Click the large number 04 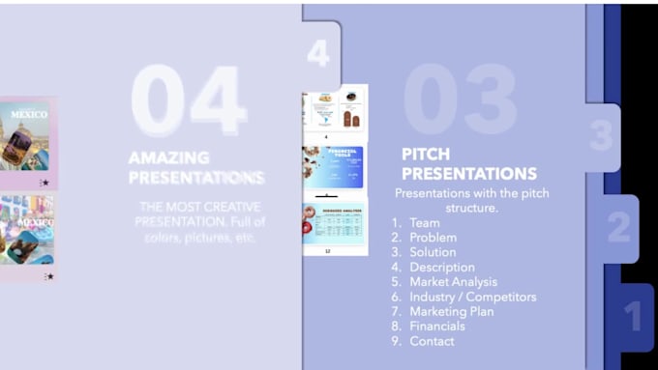(x=188, y=100)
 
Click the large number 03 (x=460, y=100)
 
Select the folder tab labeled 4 (x=319, y=53)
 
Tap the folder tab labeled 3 (x=601, y=136)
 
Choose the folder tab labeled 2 (x=618, y=228)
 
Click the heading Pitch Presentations (x=469, y=164)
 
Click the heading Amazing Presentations (x=196, y=167)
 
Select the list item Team (x=424, y=222)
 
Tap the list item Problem (x=433, y=238)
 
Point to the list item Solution (x=433, y=252)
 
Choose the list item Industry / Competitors (x=472, y=297)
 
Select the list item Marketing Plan (x=451, y=311)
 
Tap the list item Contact (x=432, y=341)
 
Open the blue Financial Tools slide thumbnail (x=333, y=167)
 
